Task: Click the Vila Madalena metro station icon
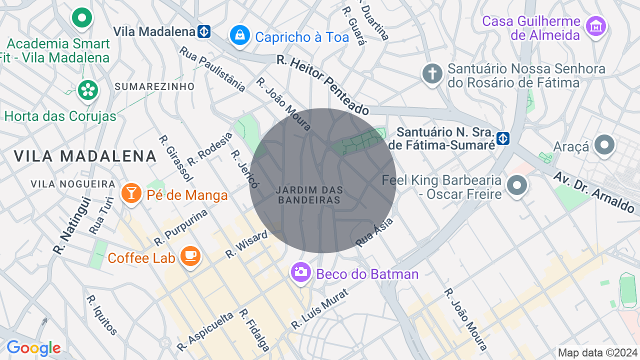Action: (203, 31)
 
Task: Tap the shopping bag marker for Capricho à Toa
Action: (239, 35)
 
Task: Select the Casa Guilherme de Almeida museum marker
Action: (596, 25)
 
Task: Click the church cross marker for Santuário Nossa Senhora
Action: (432, 74)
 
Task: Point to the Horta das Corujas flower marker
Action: (88, 90)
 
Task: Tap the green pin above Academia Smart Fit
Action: (82, 18)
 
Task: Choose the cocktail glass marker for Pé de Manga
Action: (131, 193)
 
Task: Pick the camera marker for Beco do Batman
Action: (301, 272)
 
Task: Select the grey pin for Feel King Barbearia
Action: (517, 185)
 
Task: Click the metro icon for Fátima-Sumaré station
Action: (503, 138)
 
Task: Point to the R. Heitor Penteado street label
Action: (322, 85)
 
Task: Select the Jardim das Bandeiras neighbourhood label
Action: (309, 195)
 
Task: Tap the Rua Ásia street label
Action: (374, 231)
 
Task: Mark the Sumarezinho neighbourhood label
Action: (154, 86)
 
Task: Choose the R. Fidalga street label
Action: (254, 330)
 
